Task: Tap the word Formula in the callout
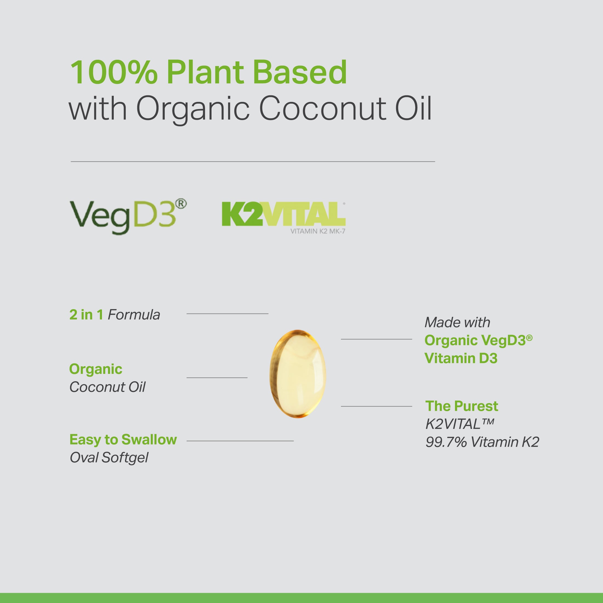coord(134,315)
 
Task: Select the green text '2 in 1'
coord(86,315)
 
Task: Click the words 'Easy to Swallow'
coord(123,439)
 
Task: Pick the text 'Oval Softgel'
coord(109,458)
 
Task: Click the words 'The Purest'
coord(462,406)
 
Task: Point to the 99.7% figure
coord(446,442)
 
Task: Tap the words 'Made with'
coord(457,322)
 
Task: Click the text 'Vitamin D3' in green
coord(461,358)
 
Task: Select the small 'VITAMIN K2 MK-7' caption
coord(318,231)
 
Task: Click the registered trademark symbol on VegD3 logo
coord(181,204)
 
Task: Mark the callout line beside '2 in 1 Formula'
coord(227,314)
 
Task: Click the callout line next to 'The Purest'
coord(376,406)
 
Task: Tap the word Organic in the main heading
coord(193,109)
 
